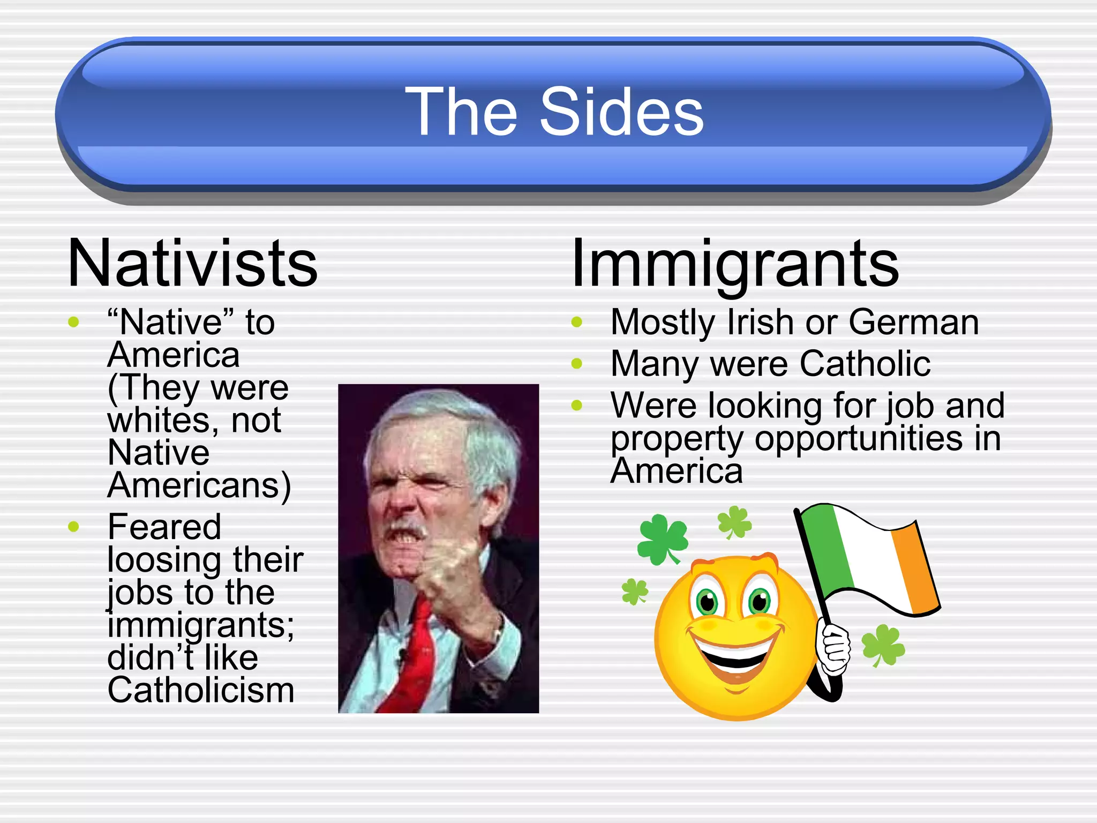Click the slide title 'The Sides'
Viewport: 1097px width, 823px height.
[x=554, y=112]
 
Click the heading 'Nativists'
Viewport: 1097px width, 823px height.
[x=193, y=264]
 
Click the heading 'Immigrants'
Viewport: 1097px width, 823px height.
[x=735, y=264]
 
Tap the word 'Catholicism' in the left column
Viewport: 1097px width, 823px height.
[x=201, y=690]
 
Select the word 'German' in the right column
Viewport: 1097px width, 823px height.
[x=914, y=323]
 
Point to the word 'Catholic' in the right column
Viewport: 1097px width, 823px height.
[x=865, y=364]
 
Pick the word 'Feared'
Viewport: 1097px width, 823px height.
[x=164, y=527]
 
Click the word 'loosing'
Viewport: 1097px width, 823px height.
[x=155, y=560]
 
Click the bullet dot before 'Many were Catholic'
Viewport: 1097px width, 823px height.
[x=577, y=364]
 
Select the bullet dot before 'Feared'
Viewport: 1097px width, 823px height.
[x=74, y=527]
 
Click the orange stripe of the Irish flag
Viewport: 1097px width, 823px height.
[x=913, y=568]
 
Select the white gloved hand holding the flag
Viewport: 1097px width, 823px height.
[x=833, y=646]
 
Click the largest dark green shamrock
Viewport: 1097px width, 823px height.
[x=662, y=538]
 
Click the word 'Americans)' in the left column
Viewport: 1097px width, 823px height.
[x=199, y=485]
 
